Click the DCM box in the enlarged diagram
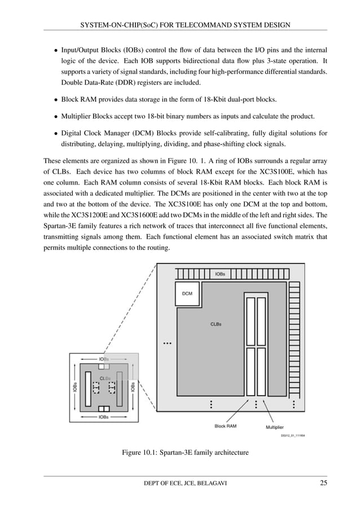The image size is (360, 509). [x=187, y=293]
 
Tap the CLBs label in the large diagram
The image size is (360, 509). [x=216, y=324]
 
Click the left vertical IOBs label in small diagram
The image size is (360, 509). [x=75, y=387]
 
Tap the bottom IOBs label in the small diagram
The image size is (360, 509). [x=104, y=417]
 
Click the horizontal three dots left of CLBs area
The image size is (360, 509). [x=167, y=343]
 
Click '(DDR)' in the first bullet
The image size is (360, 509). [x=116, y=82]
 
